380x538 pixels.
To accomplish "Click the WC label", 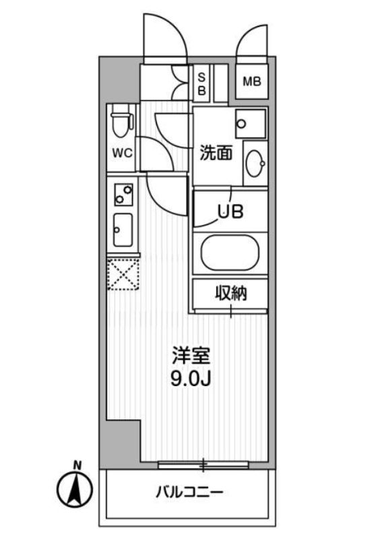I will click(122, 153).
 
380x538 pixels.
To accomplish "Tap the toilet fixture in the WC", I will click(121, 122).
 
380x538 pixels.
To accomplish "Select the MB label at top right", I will click(252, 82).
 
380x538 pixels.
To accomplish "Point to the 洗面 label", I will click(216, 154).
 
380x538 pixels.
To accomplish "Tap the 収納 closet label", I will click(231, 293).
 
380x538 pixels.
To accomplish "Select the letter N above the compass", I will click(78, 464).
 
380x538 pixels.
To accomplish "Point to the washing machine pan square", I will click(251, 122).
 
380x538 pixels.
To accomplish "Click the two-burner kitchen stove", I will click(123, 195).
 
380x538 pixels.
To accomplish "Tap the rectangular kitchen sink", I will click(123, 230).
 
